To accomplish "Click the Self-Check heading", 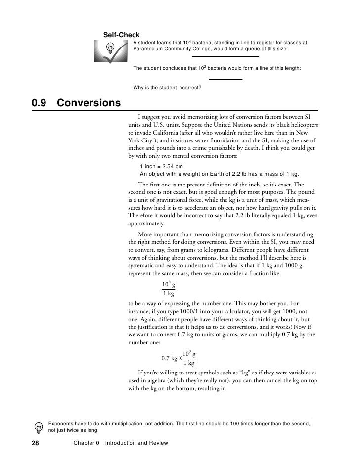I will point(121,35).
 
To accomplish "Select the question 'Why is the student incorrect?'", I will point(167,88).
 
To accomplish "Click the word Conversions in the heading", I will point(89,103).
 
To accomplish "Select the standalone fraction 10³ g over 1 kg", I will point(169,289).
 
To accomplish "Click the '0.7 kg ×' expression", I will point(172,358).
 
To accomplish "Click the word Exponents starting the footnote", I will point(63,424).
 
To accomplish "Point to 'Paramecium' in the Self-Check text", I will point(149,49).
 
